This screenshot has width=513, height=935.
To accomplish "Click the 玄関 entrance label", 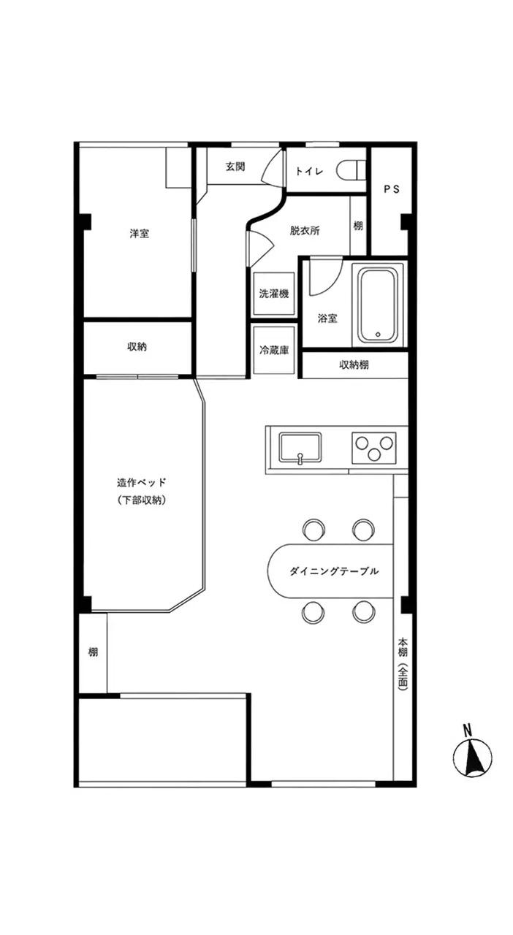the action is tap(235, 167).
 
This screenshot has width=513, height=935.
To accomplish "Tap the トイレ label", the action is tap(309, 171).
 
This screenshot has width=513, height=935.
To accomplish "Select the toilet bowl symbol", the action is tap(350, 170).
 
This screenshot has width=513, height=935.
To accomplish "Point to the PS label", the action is tap(392, 189).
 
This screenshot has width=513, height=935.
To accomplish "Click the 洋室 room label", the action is tap(139, 234).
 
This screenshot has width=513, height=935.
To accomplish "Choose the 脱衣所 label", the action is tap(305, 231).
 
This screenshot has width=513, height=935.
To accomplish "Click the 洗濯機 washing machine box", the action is tap(274, 294).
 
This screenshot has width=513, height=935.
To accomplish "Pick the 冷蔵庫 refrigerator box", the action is tap(274, 350).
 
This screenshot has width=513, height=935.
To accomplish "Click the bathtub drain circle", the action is tap(378, 334).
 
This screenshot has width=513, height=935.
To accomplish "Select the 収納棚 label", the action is tap(354, 365).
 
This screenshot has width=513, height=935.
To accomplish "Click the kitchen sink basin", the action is tap(300, 448).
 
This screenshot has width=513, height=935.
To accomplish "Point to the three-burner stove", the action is tap(373, 448).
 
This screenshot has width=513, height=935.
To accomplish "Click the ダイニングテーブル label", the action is tap(334, 571).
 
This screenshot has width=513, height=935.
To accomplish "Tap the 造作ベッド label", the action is tap(142, 483).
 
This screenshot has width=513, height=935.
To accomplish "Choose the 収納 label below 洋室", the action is tap(137, 347).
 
